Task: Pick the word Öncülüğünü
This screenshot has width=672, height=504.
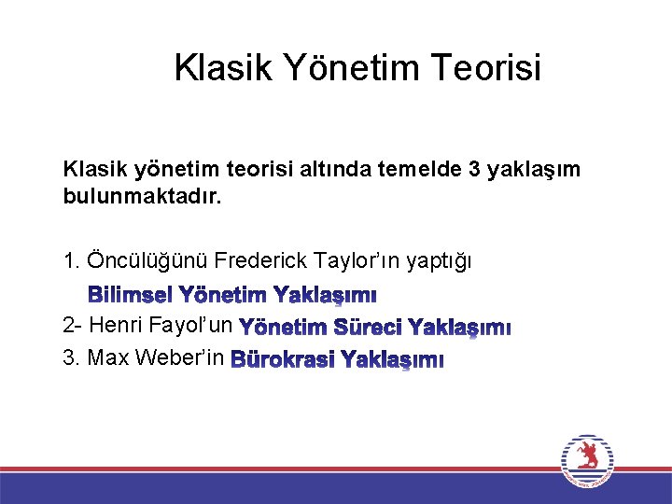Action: tap(146, 259)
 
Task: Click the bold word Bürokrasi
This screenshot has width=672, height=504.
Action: tap(281, 359)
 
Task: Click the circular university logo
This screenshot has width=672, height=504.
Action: tap(588, 460)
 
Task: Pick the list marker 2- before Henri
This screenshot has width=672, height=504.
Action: tap(72, 327)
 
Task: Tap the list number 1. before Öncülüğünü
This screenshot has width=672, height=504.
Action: tap(71, 259)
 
